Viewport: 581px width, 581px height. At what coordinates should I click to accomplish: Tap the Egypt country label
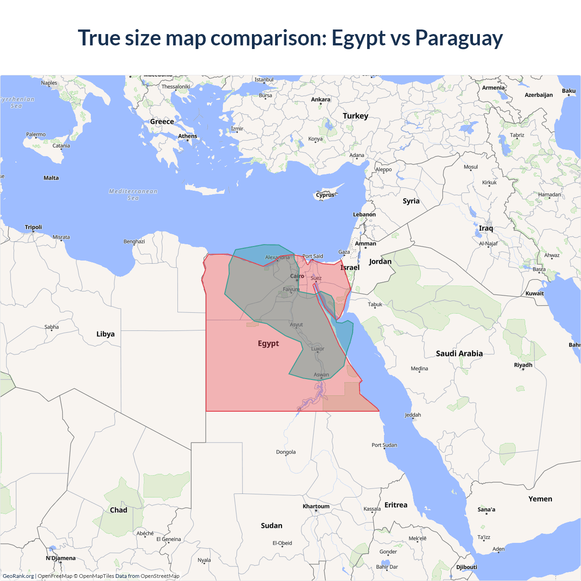pyautogui.click(x=268, y=344)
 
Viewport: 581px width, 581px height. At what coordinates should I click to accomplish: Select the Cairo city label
pyautogui.click(x=297, y=276)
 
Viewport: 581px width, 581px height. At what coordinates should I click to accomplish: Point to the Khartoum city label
pyautogui.click(x=316, y=506)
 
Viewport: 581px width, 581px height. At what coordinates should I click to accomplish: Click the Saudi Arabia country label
pyautogui.click(x=459, y=354)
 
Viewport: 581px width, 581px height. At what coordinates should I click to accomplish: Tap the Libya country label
pyautogui.click(x=105, y=334)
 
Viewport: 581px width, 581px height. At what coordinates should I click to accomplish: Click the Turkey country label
pyautogui.click(x=355, y=116)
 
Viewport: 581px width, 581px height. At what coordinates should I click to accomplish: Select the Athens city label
pyautogui.click(x=187, y=136)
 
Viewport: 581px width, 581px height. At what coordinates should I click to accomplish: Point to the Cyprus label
pyautogui.click(x=325, y=195)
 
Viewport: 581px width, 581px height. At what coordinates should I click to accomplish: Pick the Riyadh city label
pyautogui.click(x=523, y=365)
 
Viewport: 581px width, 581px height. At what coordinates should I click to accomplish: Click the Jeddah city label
pyautogui.click(x=413, y=415)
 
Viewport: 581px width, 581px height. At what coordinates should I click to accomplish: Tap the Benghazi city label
pyautogui.click(x=134, y=241)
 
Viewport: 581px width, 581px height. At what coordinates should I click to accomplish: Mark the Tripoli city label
pyautogui.click(x=33, y=227)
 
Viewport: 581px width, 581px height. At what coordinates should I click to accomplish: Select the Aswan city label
pyautogui.click(x=321, y=374)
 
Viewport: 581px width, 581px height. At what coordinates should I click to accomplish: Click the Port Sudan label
pyautogui.click(x=384, y=445)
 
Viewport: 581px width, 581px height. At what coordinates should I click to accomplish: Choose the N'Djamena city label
pyautogui.click(x=60, y=558)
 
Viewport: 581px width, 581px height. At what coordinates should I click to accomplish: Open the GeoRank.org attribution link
pyautogui.click(x=18, y=576)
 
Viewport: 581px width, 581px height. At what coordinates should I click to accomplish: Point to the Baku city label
pyautogui.click(x=568, y=91)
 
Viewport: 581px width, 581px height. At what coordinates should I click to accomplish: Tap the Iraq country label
pyautogui.click(x=486, y=228)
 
